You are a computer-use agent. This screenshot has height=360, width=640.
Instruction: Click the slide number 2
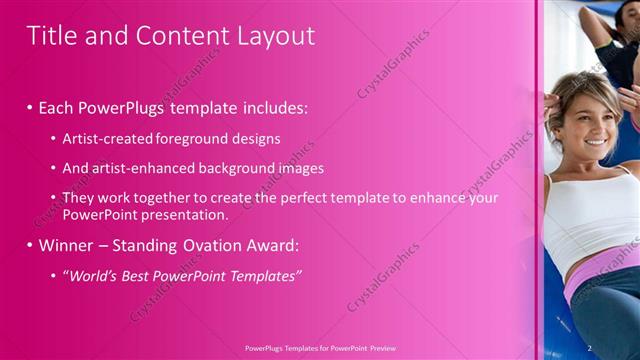(591, 347)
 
